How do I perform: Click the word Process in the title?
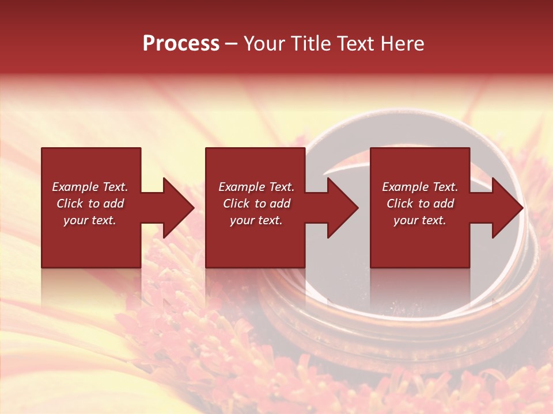(181, 44)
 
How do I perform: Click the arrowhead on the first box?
(179, 208)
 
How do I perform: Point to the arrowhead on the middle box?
(343, 208)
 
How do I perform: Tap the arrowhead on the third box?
(507, 208)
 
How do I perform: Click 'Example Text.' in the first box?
(90, 187)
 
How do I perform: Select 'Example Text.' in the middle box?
(256, 187)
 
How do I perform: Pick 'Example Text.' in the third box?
(420, 187)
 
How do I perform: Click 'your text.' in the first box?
(90, 220)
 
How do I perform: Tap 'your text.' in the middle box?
(256, 220)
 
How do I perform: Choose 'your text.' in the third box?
(420, 220)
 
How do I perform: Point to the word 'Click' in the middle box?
(237, 204)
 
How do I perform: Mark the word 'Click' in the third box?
(400, 204)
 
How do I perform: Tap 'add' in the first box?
(113, 204)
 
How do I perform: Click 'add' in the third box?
(444, 204)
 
